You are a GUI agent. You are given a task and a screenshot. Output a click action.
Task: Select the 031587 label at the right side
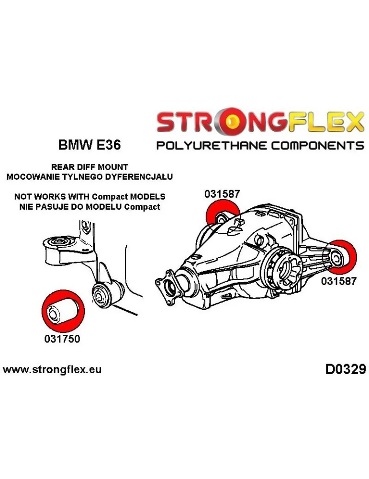tap(338, 281)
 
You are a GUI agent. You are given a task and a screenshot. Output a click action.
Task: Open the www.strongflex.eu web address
tap(52, 370)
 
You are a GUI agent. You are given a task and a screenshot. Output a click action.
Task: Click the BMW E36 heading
tap(89, 144)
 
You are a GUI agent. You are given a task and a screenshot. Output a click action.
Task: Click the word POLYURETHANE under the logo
tap(206, 145)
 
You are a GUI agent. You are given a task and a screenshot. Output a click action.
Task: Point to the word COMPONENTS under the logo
tap(313, 145)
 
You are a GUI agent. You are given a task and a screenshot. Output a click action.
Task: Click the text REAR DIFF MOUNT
tap(89, 167)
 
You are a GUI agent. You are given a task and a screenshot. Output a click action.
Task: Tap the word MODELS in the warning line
tap(148, 197)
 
